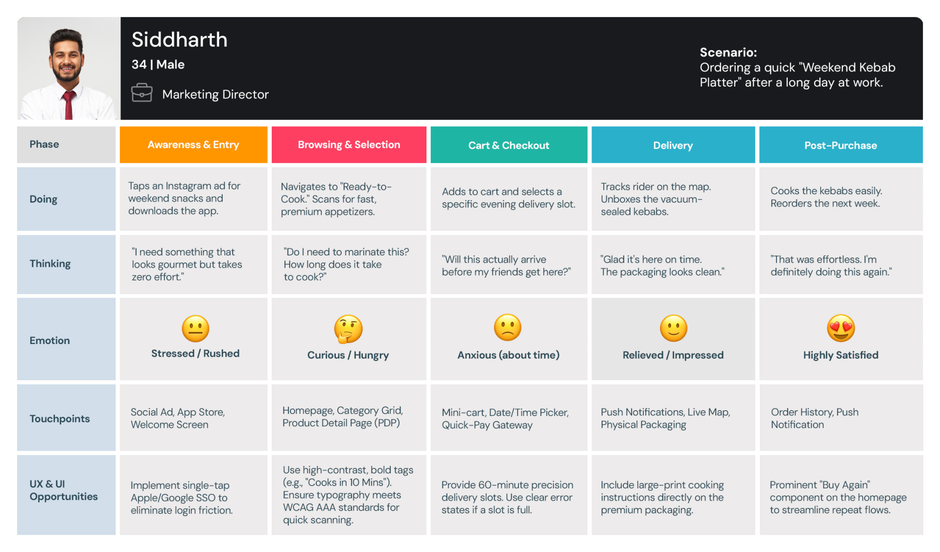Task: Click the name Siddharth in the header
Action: [179, 40]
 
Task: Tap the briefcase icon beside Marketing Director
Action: [141, 92]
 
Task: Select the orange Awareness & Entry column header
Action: [193, 145]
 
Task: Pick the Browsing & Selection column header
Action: [349, 145]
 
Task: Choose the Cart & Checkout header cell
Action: [509, 145]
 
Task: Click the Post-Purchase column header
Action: [840, 145]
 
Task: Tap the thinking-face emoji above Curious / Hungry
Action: [348, 329]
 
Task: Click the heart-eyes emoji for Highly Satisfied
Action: [841, 328]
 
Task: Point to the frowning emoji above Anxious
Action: [508, 327]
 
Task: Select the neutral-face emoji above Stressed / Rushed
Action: [195, 328]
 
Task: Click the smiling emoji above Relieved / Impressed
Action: [673, 328]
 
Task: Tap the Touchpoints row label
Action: [60, 419]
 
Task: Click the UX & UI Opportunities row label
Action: [64, 490]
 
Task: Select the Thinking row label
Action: [50, 264]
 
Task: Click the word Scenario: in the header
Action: [728, 52]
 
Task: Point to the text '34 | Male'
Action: [158, 65]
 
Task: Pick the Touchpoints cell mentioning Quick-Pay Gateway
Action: [508, 418]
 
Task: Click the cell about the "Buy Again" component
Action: [840, 497]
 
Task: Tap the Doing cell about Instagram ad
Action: [193, 199]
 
